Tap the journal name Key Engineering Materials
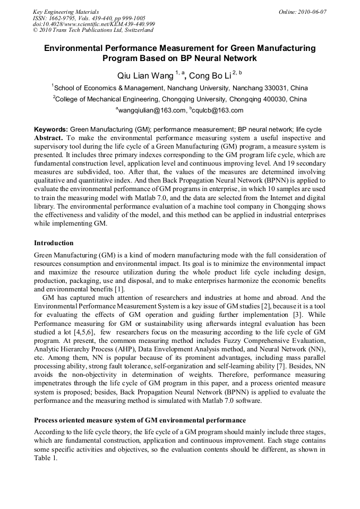pyautogui.click(x=66, y=11)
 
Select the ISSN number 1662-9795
pyautogui.click(x=63, y=18)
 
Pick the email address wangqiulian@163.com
pyautogui.click(x=151, y=110)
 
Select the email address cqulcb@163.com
pyautogui.click(x=218, y=110)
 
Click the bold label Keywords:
pyautogui.click(x=51, y=129)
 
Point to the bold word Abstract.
pyautogui.click(x=48, y=136)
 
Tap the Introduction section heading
pyautogui.click(x=54, y=243)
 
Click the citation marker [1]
pyautogui.click(x=119, y=289)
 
